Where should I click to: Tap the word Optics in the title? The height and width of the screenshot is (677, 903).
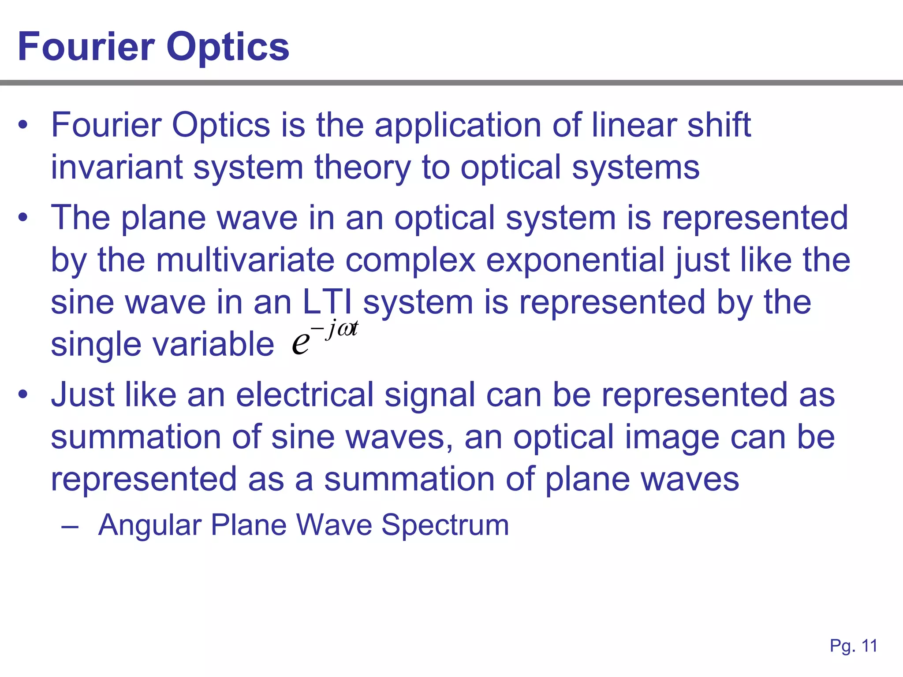pos(228,48)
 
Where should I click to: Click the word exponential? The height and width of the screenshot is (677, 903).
pos(575,261)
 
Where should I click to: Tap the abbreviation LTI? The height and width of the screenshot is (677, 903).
pos(328,302)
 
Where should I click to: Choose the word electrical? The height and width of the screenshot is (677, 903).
pos(305,394)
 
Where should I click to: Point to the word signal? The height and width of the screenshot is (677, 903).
pos(430,395)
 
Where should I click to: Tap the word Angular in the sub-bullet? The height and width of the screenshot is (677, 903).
pos(150,525)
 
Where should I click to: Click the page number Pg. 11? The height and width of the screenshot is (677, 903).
pos(853,646)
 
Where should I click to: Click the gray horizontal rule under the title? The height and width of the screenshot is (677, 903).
pos(451,83)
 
